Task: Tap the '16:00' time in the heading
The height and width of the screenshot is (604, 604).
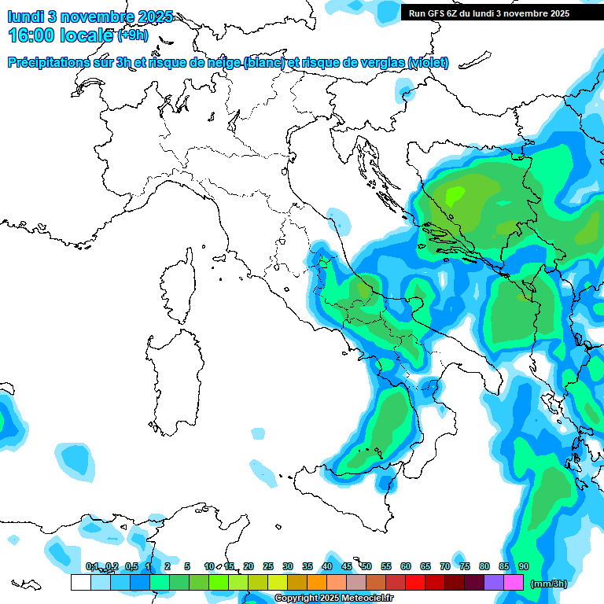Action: (32, 35)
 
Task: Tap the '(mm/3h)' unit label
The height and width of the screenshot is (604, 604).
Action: (549, 584)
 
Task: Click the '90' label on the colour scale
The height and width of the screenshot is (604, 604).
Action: (524, 566)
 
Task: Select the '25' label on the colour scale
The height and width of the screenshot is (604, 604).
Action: (268, 566)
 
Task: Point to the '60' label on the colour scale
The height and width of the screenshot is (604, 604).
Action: (406, 566)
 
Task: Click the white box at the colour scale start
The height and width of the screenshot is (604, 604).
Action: (80, 583)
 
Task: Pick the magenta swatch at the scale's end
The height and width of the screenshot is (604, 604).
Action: (514, 583)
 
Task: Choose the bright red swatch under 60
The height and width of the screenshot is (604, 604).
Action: (414, 583)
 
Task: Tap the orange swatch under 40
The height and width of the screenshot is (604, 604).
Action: (316, 583)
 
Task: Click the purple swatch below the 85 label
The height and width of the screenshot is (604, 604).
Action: (494, 583)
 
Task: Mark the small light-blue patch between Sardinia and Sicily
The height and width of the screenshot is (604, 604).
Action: (258, 433)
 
